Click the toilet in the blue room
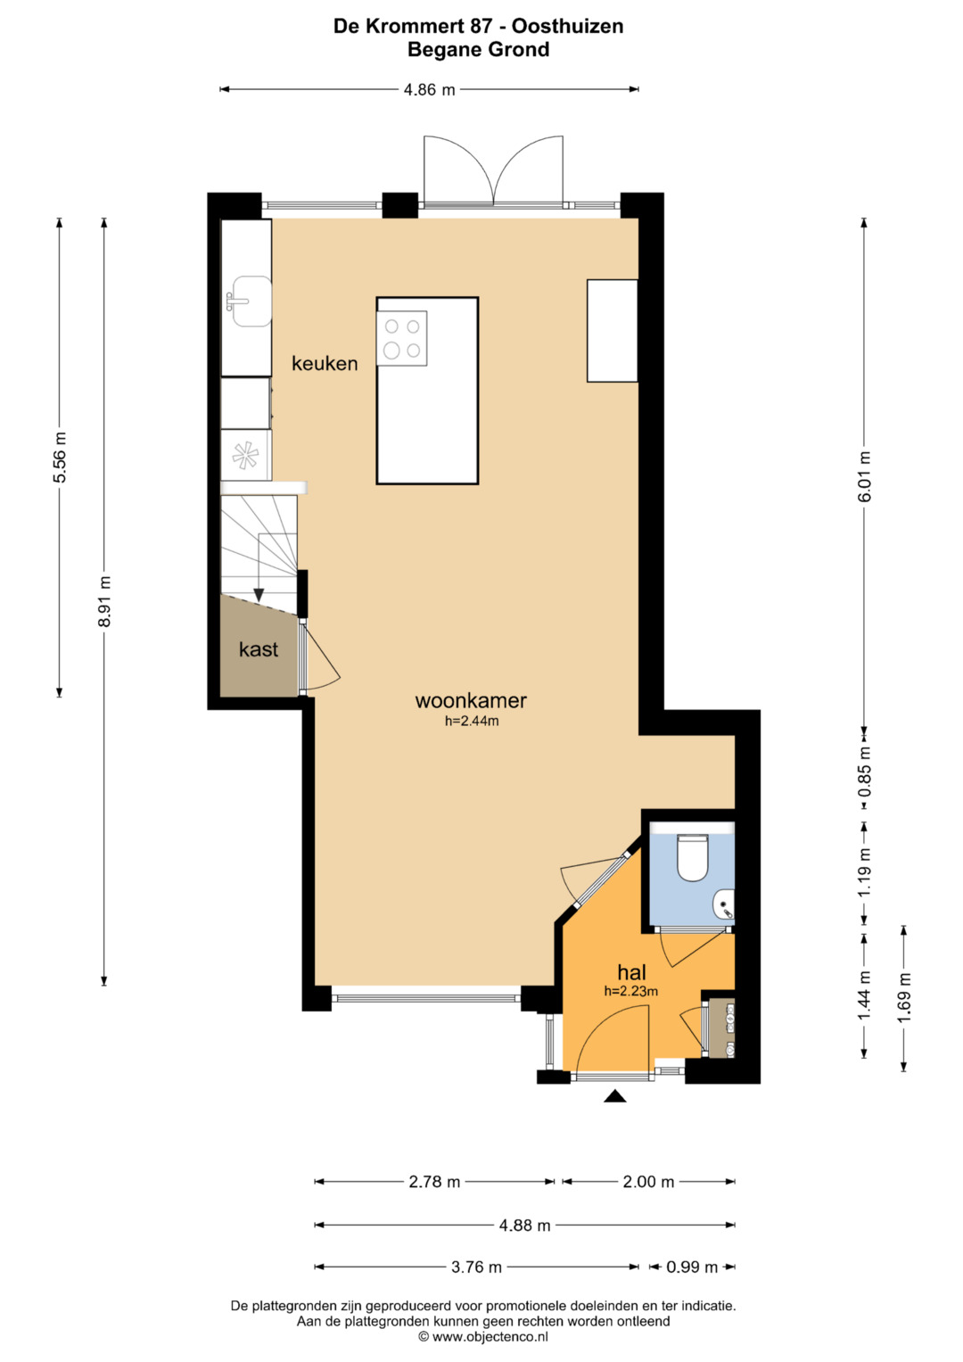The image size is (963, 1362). click(x=693, y=858)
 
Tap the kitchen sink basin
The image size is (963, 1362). click(x=250, y=301)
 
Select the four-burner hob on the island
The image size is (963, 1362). click(x=402, y=339)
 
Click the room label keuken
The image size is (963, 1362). click(x=325, y=364)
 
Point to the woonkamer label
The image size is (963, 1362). click(x=471, y=700)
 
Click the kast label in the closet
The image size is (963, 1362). click(x=259, y=649)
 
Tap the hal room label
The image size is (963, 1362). click(x=631, y=972)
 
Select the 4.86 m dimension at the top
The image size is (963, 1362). click(x=429, y=90)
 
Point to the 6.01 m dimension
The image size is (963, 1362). click(x=864, y=476)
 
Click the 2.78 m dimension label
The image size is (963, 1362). click(x=434, y=1182)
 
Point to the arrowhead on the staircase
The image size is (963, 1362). click(x=259, y=595)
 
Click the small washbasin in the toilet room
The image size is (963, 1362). click(x=725, y=904)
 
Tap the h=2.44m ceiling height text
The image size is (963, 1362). click(x=471, y=722)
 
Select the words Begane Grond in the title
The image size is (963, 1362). click(x=479, y=49)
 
